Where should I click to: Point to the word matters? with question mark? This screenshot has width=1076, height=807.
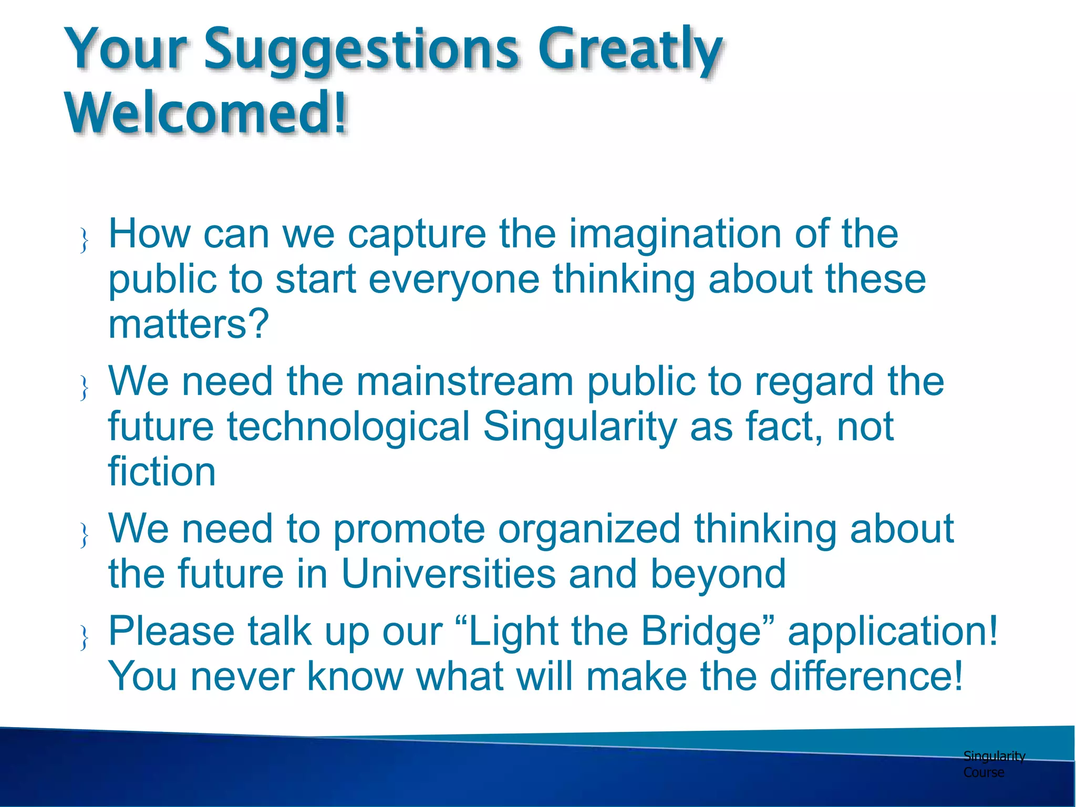click(x=189, y=324)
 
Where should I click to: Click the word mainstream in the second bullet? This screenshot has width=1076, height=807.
click(x=464, y=381)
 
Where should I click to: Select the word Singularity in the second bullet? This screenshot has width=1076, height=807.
click(x=580, y=427)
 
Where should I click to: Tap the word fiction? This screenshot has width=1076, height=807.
click(x=162, y=471)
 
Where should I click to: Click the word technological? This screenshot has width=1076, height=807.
click(x=348, y=427)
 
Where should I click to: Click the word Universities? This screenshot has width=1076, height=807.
click(x=448, y=574)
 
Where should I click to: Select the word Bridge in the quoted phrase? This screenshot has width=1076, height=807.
click(x=701, y=631)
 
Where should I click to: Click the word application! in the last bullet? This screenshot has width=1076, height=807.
click(x=893, y=631)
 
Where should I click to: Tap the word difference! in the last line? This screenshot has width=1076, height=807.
click(x=866, y=676)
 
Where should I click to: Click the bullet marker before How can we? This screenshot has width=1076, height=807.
click(x=84, y=241)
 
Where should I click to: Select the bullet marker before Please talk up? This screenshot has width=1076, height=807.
click(x=84, y=637)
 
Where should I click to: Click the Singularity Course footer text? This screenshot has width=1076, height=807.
click(x=993, y=764)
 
